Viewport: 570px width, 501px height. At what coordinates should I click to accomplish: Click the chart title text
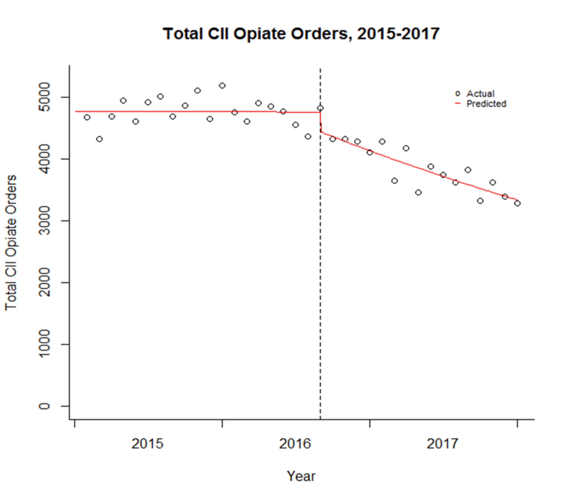301,34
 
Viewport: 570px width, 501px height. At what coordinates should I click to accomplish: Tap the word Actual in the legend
480,94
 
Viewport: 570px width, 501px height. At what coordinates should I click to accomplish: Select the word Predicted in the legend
486,104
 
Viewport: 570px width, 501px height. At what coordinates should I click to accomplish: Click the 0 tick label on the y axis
44,406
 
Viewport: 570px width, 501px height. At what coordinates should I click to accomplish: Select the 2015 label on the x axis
147,444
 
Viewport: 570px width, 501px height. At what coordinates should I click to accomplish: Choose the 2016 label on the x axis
295,444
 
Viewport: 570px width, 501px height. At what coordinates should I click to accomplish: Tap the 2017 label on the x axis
442,444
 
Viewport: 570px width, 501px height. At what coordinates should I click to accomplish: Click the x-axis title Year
301,476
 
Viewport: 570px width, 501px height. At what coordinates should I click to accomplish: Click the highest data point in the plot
222,86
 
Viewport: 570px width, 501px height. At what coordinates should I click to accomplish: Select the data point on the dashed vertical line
320,108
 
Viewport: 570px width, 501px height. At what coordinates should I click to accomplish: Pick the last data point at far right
517,203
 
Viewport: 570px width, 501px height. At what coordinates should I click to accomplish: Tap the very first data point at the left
87,117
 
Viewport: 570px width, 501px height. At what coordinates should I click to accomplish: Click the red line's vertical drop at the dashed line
321,122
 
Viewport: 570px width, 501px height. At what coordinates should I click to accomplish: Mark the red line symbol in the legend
458,104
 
